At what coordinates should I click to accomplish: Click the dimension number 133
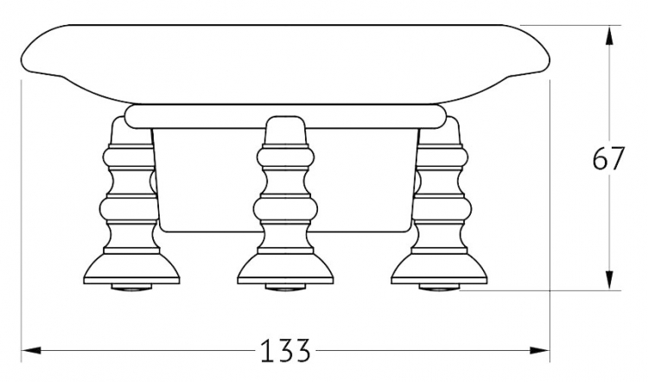285,351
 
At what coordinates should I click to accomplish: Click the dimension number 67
608,158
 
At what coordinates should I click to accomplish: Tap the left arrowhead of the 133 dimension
31,351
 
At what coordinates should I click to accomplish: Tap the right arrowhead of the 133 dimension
540,351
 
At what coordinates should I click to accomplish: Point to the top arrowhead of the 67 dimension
609,35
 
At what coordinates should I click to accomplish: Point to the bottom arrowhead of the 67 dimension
609,280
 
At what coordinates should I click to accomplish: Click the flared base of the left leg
131,269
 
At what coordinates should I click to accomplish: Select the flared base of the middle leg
285,269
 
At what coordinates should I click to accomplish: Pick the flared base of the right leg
439,269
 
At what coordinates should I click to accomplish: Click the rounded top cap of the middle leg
285,130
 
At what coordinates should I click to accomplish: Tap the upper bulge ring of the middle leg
285,158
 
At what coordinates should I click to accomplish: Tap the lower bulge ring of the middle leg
285,209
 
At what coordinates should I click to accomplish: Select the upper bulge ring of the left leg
129,158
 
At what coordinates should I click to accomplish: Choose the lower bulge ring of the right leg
442,209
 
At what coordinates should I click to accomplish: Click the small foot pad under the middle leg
285,287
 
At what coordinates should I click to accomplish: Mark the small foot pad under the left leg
131,287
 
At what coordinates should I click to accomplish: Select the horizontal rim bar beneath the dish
285,117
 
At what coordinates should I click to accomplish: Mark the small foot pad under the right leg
439,287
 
